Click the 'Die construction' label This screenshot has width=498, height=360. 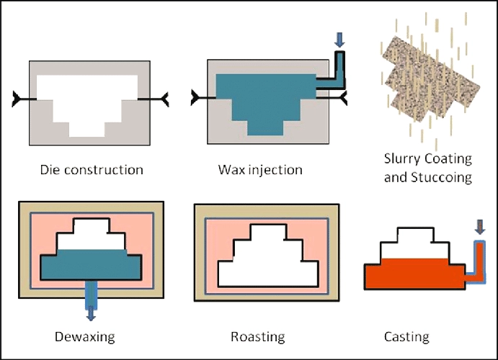pos(91,171)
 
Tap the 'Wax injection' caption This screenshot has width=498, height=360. pos(260,171)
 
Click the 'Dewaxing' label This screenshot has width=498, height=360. pos(84,336)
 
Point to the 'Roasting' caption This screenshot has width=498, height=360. pos(257,336)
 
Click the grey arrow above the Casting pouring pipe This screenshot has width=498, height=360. pos(481,228)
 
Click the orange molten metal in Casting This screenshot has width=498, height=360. pos(411,274)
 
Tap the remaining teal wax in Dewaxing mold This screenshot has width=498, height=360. pos(90,266)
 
